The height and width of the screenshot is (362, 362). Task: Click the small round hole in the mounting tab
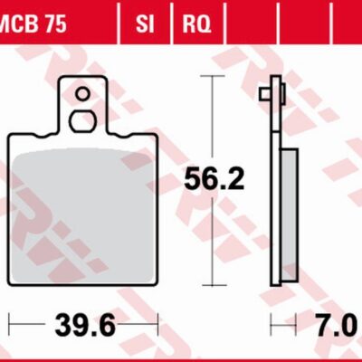(x=82, y=93)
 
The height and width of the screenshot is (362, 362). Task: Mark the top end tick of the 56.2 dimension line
(x=214, y=77)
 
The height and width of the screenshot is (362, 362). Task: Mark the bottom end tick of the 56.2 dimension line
(x=214, y=284)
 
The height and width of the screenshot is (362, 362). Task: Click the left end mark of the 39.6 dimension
(x=10, y=323)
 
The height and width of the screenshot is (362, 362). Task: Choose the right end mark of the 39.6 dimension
(x=158, y=323)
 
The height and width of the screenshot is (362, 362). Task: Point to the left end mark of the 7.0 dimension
(x=271, y=323)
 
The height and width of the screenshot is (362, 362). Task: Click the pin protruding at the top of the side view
(x=263, y=94)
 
